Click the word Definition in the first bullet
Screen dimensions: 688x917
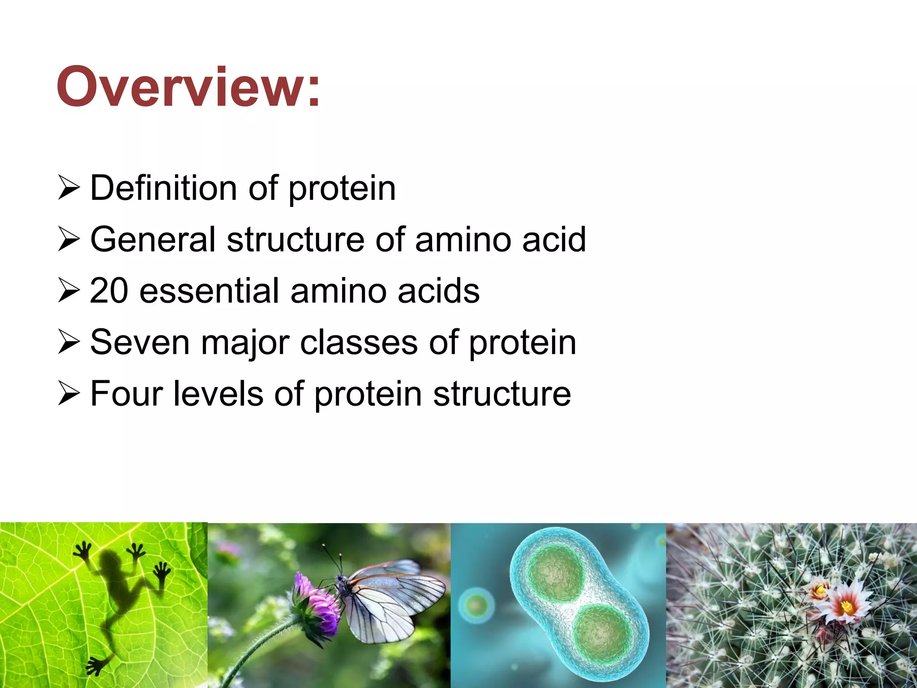pos(163,188)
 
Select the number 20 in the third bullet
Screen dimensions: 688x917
pos(109,291)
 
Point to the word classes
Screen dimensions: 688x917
pos(358,343)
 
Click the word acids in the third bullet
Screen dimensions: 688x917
pos(438,291)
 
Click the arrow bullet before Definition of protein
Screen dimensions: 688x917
pos(69,188)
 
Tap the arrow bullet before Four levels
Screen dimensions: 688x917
pos(69,394)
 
